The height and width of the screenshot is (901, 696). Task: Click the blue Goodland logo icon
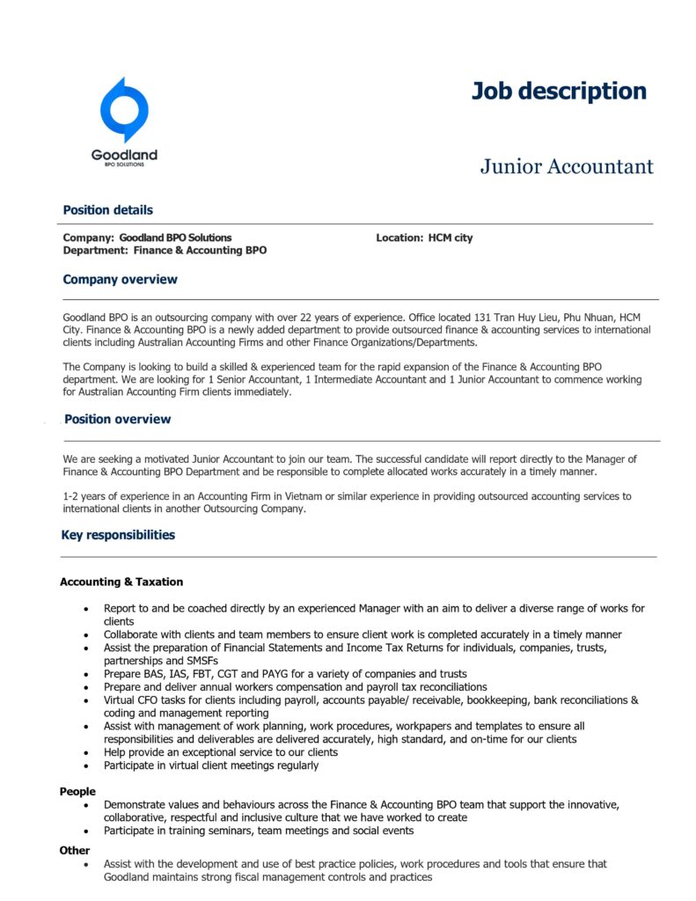pyautogui.click(x=124, y=110)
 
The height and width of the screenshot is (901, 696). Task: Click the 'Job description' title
pyautogui.click(x=559, y=92)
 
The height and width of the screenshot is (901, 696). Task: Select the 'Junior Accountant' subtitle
pyautogui.click(x=567, y=166)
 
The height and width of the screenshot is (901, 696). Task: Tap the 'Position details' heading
pyautogui.click(x=107, y=210)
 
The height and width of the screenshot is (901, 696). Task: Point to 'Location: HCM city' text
pyautogui.click(x=424, y=238)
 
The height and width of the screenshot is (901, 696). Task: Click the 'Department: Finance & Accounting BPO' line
pyautogui.click(x=165, y=251)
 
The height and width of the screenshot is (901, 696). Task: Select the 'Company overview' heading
pyautogui.click(x=120, y=280)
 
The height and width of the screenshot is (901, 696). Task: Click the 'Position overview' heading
pyautogui.click(x=117, y=420)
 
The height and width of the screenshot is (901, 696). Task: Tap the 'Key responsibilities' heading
pyautogui.click(x=118, y=535)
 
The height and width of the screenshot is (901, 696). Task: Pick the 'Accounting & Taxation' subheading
pyautogui.click(x=121, y=582)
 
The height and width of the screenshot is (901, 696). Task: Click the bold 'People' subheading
pyautogui.click(x=77, y=792)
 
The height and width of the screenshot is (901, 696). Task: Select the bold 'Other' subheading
pyautogui.click(x=75, y=851)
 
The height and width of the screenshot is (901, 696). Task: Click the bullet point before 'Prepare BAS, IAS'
pyautogui.click(x=85, y=674)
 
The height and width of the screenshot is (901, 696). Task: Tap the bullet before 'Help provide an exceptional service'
pyautogui.click(x=85, y=753)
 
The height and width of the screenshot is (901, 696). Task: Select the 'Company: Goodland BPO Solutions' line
pyautogui.click(x=148, y=238)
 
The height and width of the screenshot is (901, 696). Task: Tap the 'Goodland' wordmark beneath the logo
pyautogui.click(x=124, y=156)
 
